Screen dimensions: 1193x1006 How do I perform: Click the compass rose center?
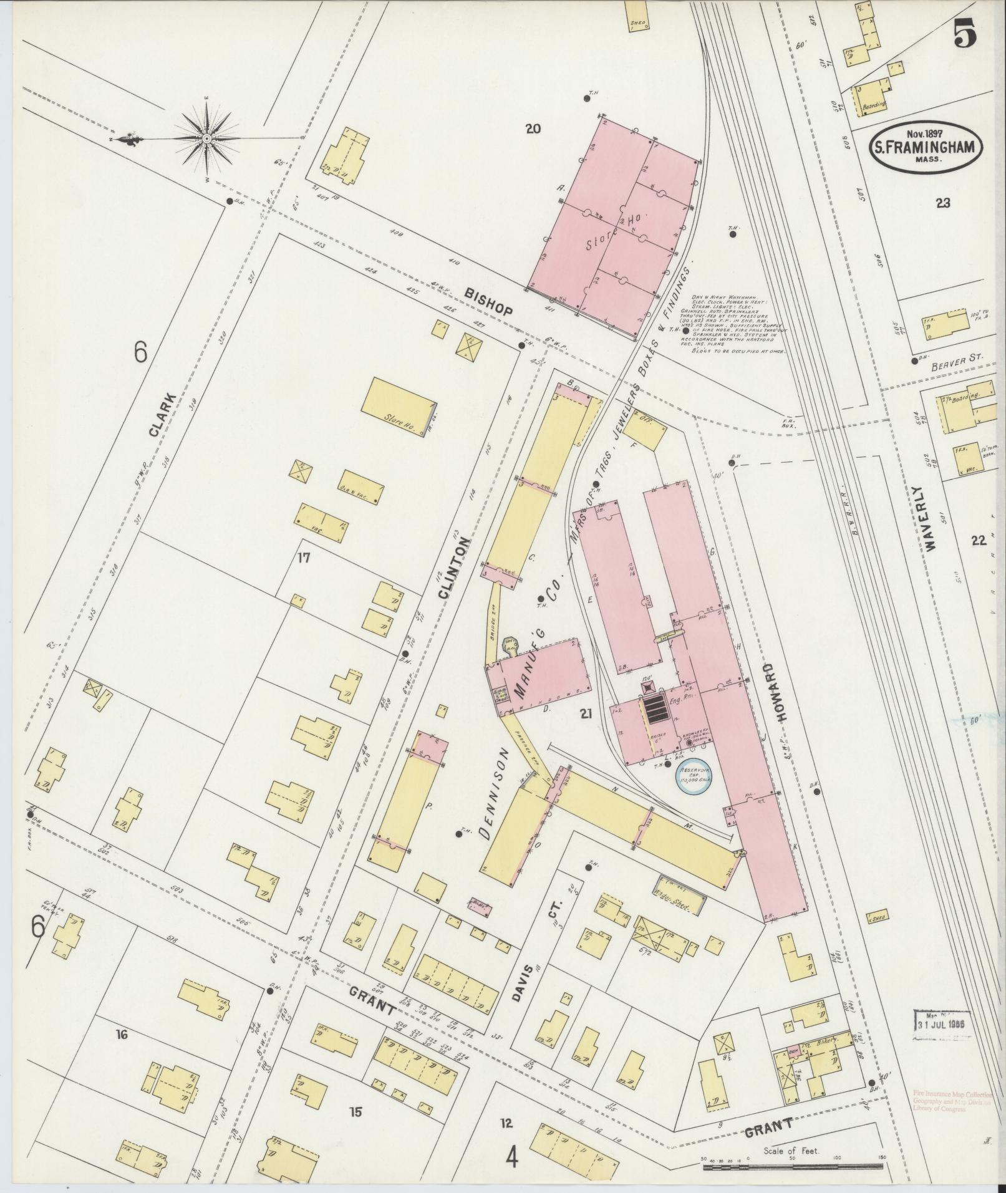coord(206,137)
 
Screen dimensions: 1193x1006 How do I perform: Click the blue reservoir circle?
coord(694,777)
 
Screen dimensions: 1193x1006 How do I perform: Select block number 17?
coord(304,558)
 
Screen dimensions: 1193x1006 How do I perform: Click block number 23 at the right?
coord(942,203)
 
